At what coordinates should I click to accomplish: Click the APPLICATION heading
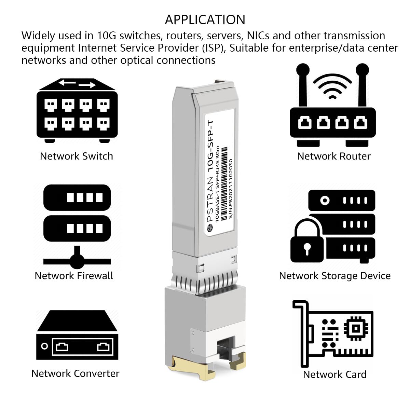coord(205,20)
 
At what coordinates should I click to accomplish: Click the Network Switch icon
coord(77,111)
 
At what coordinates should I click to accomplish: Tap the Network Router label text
coord(333,156)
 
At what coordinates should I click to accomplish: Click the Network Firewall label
coord(74,276)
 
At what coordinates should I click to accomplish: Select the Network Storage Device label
coord(334,276)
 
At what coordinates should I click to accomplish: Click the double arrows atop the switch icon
coord(77,83)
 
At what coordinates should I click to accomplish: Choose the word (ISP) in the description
coord(215,48)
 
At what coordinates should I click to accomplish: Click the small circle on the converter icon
coord(44,346)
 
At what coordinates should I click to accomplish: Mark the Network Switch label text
coord(76,156)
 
